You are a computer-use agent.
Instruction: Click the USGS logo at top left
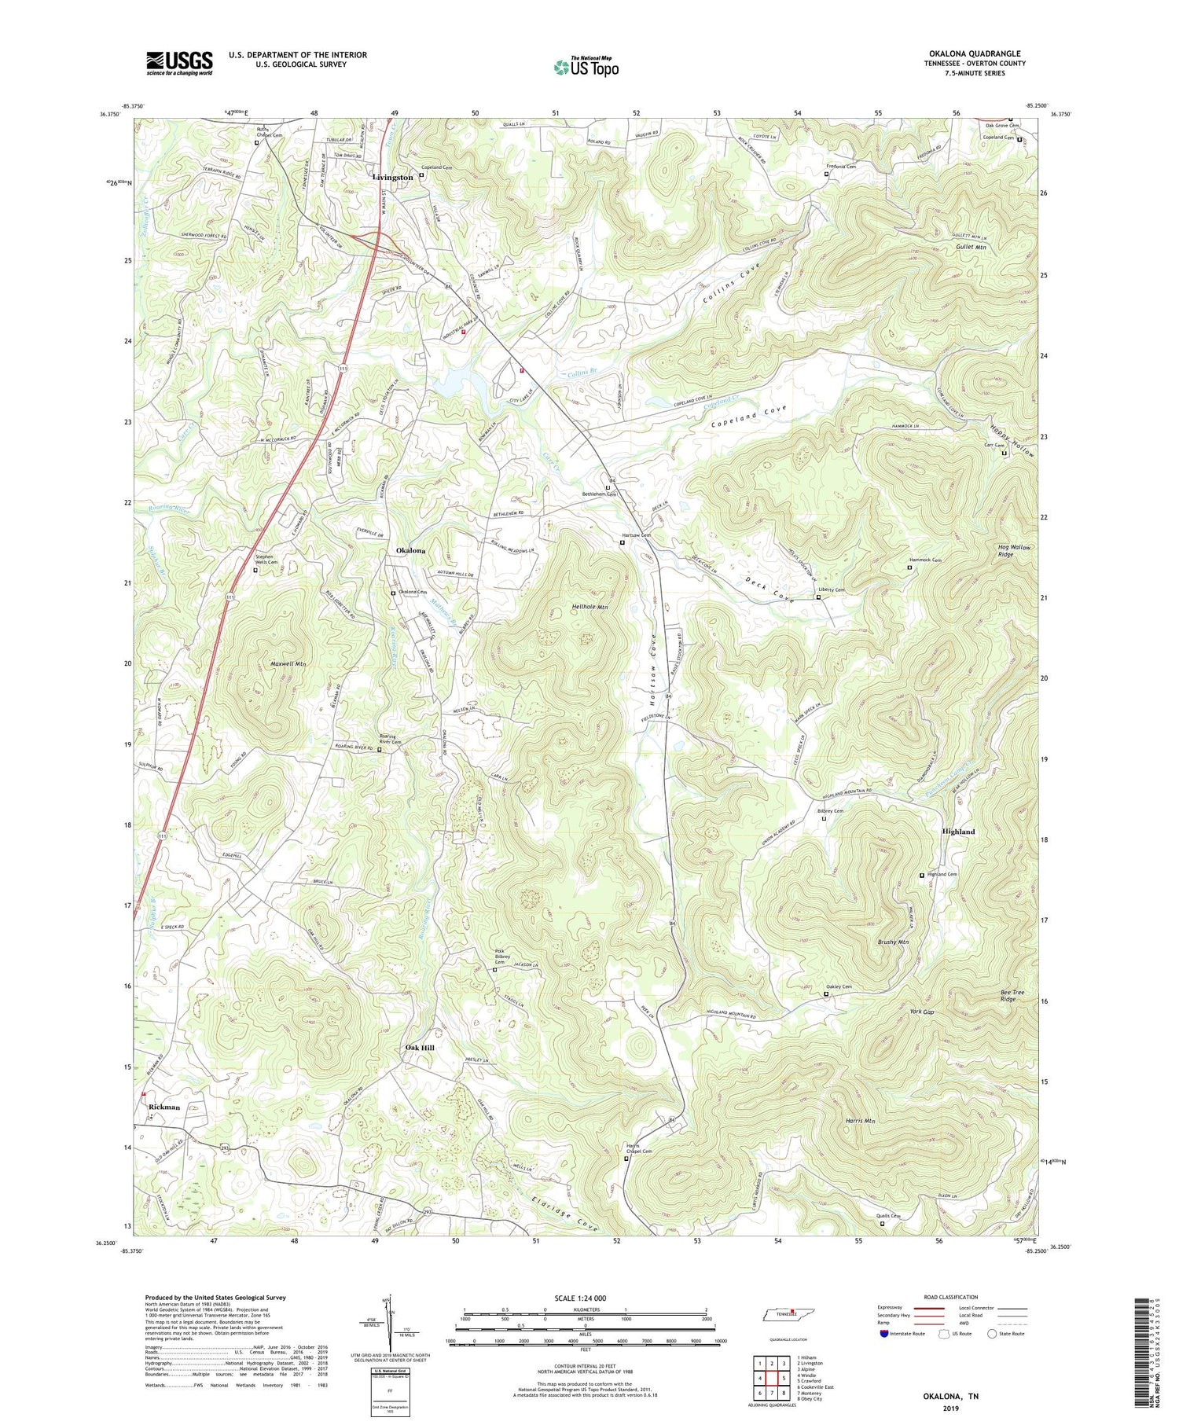tap(179, 63)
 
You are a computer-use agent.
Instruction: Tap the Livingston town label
tap(392, 178)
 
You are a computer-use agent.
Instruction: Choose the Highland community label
tap(958, 832)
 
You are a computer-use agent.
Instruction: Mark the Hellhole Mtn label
tap(590, 608)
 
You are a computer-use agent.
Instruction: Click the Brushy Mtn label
tap(893, 942)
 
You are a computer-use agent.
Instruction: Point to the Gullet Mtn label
tap(971, 247)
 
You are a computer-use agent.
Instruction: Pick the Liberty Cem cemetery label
tap(831, 590)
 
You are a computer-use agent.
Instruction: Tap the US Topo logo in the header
tap(586, 67)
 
